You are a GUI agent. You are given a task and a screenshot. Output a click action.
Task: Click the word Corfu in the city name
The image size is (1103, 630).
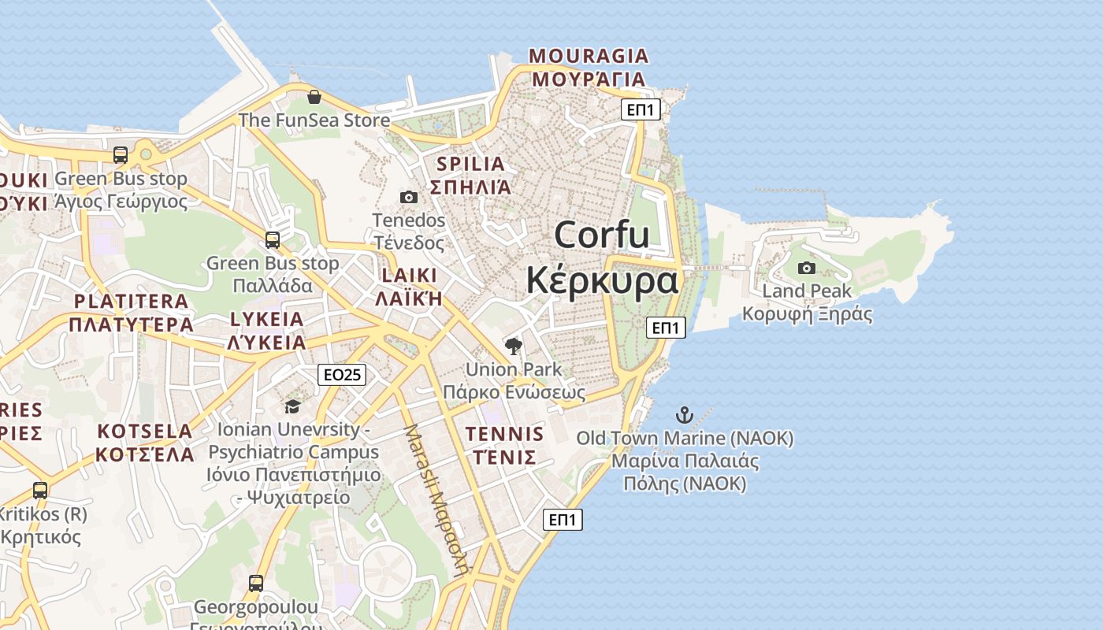[x=601, y=235]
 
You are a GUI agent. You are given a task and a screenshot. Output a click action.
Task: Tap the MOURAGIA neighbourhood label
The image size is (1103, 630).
[x=589, y=57]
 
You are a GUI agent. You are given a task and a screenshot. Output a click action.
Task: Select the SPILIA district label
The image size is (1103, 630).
[x=470, y=165]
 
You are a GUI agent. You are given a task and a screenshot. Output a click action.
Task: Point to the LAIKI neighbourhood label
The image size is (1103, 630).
[x=409, y=276]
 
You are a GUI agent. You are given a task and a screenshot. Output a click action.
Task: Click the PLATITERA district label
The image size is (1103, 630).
[x=131, y=302]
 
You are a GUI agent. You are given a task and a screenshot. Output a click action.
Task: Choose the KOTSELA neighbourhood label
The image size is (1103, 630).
[x=145, y=432]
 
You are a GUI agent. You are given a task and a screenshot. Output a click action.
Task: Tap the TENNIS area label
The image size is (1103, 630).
[x=504, y=434]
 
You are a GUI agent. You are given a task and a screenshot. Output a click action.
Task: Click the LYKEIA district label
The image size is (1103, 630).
[x=266, y=319]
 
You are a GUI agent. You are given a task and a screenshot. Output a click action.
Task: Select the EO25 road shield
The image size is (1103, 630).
[x=343, y=375]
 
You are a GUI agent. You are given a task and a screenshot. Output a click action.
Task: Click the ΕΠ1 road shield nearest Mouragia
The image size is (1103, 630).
[x=641, y=109]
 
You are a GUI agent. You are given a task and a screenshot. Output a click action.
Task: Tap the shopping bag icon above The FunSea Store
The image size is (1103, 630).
[x=314, y=97]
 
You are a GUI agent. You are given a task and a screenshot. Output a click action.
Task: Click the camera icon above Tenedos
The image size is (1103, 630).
[x=408, y=197]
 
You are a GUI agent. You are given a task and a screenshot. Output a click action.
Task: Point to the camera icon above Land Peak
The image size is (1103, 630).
[x=806, y=268]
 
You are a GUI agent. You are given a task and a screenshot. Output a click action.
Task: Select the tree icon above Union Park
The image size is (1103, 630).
[x=514, y=346]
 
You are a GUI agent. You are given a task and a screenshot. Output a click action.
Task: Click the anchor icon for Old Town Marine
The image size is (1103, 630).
[x=685, y=414]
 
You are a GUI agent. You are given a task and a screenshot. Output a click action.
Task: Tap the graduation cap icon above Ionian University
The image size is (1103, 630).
[x=292, y=406]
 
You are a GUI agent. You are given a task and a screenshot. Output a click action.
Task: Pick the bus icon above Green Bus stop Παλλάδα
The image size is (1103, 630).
[x=272, y=239]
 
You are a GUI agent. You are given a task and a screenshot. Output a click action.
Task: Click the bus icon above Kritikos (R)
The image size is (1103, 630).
[x=40, y=490]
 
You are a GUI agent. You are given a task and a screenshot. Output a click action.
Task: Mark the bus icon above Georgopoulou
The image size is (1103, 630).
[x=255, y=584]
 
